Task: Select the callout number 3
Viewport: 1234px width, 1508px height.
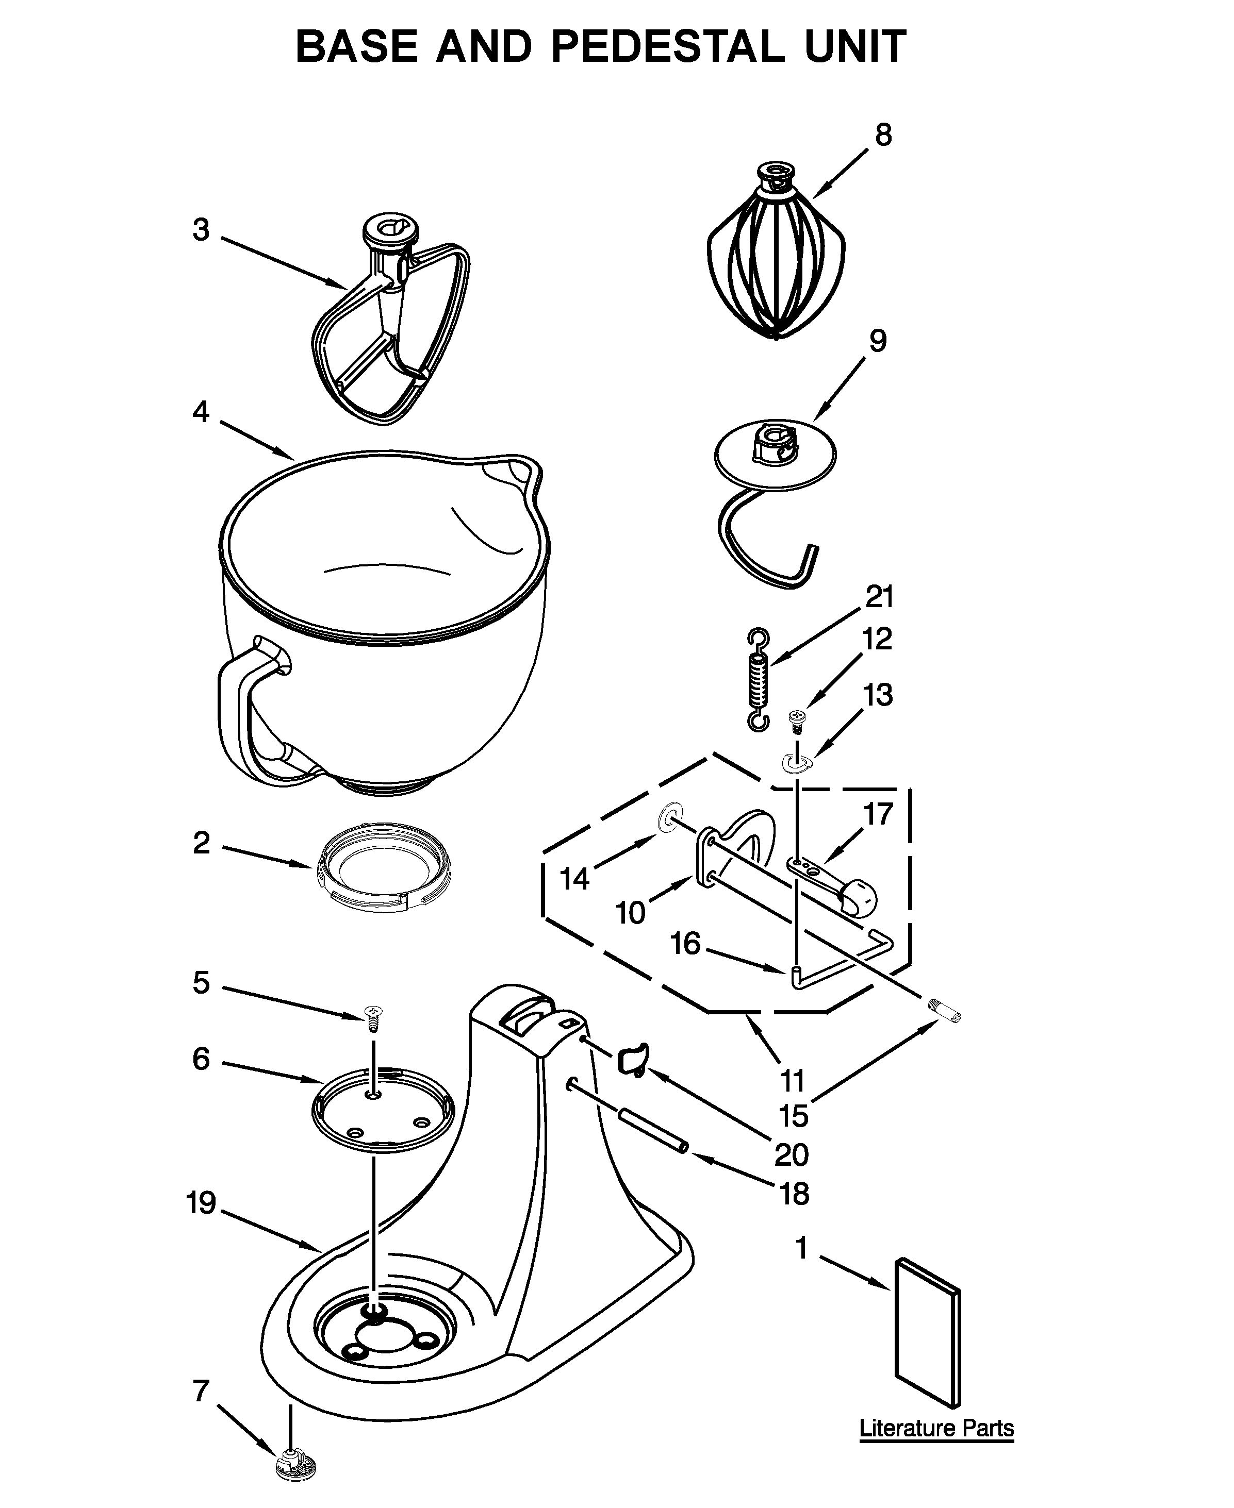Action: [201, 230]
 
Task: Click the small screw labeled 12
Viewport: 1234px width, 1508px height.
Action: [796, 722]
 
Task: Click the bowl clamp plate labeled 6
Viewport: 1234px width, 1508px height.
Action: [383, 1110]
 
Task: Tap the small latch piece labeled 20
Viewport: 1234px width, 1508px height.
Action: [632, 1061]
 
